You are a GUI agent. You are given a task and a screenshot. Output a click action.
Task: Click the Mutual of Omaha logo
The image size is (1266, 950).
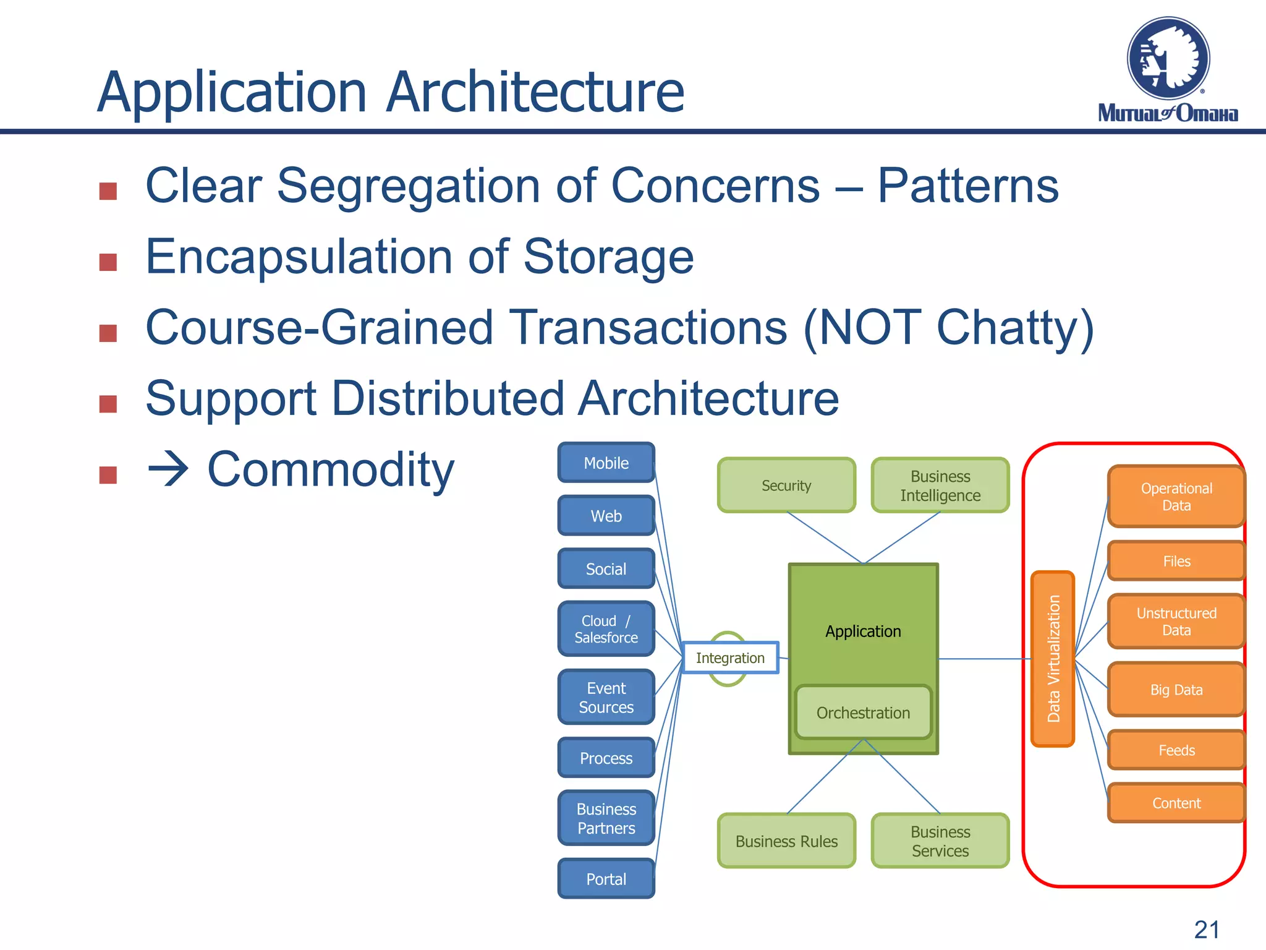click(x=1168, y=69)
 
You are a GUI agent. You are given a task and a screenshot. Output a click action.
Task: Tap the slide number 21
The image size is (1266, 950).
click(x=1207, y=930)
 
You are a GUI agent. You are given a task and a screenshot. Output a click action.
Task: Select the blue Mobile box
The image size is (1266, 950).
click(x=606, y=463)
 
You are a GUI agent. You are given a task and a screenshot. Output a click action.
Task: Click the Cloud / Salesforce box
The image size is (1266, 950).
click(x=606, y=629)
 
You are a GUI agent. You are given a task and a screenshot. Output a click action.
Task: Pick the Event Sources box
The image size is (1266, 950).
click(x=606, y=697)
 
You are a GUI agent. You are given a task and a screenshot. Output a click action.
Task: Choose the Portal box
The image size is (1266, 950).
click(x=606, y=879)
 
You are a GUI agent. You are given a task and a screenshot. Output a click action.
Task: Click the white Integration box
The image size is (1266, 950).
click(x=730, y=658)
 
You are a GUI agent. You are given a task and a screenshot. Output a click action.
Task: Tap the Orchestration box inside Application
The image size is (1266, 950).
click(x=863, y=712)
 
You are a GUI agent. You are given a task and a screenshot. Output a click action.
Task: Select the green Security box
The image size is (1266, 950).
click(x=786, y=486)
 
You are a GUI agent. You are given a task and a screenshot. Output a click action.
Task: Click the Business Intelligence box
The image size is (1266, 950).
click(x=940, y=486)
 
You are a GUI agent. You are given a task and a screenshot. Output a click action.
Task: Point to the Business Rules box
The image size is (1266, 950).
click(x=786, y=841)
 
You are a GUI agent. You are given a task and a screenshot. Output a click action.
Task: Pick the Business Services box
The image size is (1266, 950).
click(x=940, y=841)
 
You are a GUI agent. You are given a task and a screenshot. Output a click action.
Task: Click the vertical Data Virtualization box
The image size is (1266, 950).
click(x=1053, y=659)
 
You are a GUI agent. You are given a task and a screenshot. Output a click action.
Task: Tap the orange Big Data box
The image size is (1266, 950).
click(x=1176, y=690)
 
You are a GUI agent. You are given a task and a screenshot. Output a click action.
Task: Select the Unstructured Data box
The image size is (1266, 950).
click(x=1176, y=622)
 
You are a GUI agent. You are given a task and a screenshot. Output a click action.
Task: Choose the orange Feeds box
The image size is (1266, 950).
click(x=1176, y=750)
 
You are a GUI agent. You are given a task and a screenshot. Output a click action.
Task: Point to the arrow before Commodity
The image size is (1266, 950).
click(x=168, y=469)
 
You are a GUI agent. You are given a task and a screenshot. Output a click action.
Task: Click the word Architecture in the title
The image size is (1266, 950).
click(x=535, y=93)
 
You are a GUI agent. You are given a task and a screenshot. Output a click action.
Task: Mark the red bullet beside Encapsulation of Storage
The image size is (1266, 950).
click(x=108, y=262)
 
